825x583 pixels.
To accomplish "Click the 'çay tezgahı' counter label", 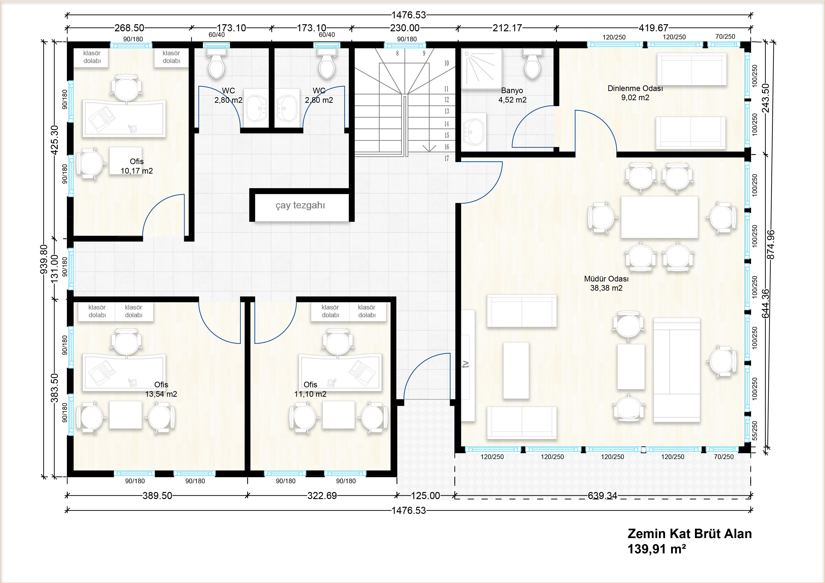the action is pyautogui.click(x=300, y=206).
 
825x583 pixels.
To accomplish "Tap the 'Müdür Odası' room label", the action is pyautogui.click(x=606, y=279).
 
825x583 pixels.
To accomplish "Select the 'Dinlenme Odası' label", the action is pyautogui.click(x=635, y=88).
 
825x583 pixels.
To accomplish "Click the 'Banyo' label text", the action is pyautogui.click(x=512, y=91).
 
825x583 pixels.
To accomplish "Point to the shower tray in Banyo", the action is pyautogui.click(x=481, y=69).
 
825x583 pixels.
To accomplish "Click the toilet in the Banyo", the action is pyautogui.click(x=532, y=64).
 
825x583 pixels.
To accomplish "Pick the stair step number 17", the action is pyautogui.click(x=447, y=159).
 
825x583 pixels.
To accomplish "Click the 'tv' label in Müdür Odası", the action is pyautogui.click(x=466, y=364).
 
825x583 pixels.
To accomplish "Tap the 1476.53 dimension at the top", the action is pyautogui.click(x=409, y=15).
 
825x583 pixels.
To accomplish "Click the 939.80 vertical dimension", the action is pyautogui.click(x=44, y=259).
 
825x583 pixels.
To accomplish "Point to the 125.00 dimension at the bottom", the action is pyautogui.click(x=425, y=496).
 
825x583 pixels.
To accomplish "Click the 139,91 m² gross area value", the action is pyautogui.click(x=656, y=549).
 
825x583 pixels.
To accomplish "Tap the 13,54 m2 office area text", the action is pyautogui.click(x=161, y=394).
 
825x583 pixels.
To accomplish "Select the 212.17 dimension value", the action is pyautogui.click(x=507, y=28).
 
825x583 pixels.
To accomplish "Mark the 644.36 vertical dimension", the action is pyautogui.click(x=766, y=304).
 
